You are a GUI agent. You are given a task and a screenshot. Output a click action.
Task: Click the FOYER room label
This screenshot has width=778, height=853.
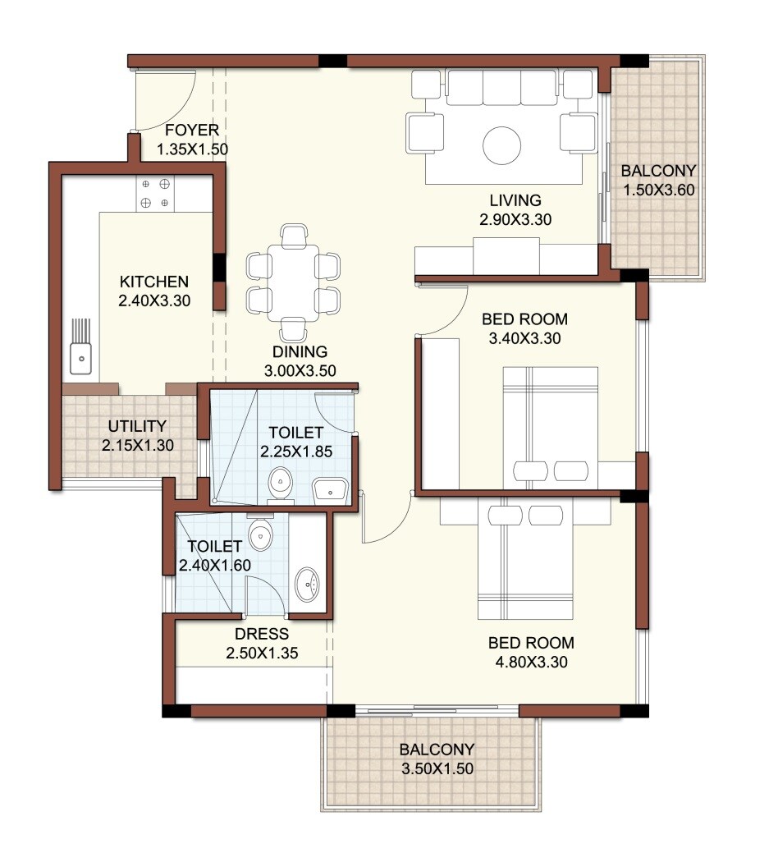(191, 130)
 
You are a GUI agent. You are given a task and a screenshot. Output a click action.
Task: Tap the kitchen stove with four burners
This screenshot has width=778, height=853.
(154, 193)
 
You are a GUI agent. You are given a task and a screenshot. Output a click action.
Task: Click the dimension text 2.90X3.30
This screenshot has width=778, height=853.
(515, 219)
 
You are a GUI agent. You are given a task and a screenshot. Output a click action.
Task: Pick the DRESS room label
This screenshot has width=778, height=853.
(261, 634)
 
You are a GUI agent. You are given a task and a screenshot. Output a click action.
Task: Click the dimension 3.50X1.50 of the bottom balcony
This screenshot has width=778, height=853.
(437, 769)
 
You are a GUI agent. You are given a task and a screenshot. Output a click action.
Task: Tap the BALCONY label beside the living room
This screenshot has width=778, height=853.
(658, 172)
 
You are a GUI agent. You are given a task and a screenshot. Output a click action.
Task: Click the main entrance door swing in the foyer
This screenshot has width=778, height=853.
(164, 99)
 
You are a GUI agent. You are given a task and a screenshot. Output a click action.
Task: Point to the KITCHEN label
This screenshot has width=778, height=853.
(153, 281)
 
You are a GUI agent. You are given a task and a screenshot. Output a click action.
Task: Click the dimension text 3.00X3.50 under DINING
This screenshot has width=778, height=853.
(300, 371)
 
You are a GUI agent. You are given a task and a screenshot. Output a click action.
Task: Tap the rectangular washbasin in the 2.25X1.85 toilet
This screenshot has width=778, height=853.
(331, 489)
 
